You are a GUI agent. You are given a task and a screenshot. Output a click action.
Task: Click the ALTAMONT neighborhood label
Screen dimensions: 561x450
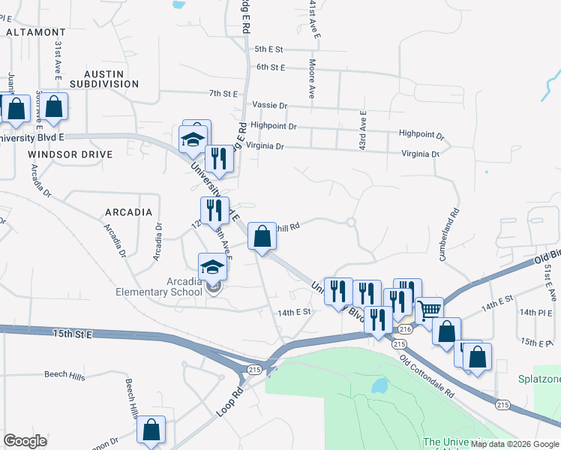coord(35,33)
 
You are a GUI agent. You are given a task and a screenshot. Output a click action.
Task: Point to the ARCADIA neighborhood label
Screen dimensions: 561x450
coord(128,212)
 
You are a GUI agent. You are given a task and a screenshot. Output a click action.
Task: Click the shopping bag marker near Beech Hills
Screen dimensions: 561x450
coord(151,430)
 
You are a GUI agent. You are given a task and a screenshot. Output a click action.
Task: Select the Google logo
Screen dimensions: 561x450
coord(25,441)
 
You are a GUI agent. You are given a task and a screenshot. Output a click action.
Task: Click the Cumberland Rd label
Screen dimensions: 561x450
coord(453,234)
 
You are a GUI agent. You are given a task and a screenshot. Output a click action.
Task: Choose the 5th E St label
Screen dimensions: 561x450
coord(268,49)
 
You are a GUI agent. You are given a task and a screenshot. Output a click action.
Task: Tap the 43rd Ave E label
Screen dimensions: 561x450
coord(362,127)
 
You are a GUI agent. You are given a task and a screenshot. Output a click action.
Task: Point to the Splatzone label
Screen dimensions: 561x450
coord(539,379)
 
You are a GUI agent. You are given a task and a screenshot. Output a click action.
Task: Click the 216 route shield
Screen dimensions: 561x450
coord(406,329)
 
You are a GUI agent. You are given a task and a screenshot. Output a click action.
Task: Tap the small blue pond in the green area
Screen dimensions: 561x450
coord(379,386)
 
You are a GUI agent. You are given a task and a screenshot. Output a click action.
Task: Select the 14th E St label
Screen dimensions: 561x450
coord(293,312)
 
